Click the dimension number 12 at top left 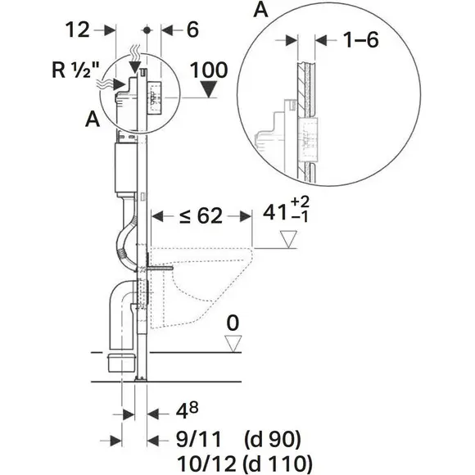[78, 29]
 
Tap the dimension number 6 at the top [192, 29]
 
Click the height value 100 [209, 70]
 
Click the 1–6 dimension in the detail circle [360, 39]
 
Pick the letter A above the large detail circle [260, 9]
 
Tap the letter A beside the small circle [93, 119]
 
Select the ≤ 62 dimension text [201, 216]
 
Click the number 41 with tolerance [274, 212]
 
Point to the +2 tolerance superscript [300, 202]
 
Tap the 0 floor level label [233, 323]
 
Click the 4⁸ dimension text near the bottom [187, 411]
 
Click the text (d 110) [277, 464]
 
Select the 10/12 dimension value [206, 464]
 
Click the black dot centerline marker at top [147, 30]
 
